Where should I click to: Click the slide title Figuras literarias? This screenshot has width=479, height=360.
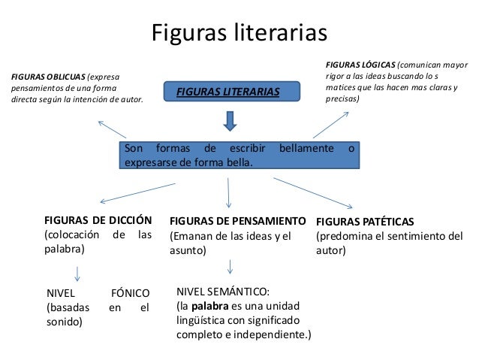[x=240, y=34]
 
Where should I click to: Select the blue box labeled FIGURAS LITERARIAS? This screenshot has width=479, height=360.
[x=227, y=92]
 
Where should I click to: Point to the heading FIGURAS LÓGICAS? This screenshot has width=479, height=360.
[x=360, y=65]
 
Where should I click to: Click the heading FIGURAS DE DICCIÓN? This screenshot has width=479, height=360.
[x=98, y=220]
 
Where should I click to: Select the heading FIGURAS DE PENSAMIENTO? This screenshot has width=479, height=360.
[x=238, y=222]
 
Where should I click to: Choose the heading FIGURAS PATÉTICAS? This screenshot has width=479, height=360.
[x=365, y=222]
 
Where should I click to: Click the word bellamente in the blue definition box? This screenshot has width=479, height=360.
[x=306, y=148]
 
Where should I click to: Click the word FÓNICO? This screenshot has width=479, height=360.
[x=130, y=292]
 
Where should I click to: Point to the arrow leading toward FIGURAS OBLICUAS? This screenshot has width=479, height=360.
[x=114, y=129]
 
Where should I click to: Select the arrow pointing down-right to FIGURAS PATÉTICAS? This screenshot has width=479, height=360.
[x=314, y=192]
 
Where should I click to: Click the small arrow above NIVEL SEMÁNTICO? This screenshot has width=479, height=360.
[x=230, y=266]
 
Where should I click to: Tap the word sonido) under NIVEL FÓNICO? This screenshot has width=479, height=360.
[x=65, y=322]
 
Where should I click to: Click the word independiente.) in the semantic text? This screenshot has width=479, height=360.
[x=273, y=334]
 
